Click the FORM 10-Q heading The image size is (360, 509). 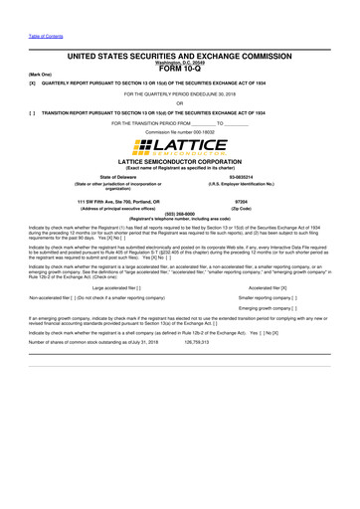point(180,69)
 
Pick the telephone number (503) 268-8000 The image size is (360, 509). point(179,213)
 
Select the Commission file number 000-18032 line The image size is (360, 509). point(179,131)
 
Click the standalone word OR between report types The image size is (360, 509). point(179,102)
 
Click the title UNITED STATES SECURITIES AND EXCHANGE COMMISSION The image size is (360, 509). point(179,58)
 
